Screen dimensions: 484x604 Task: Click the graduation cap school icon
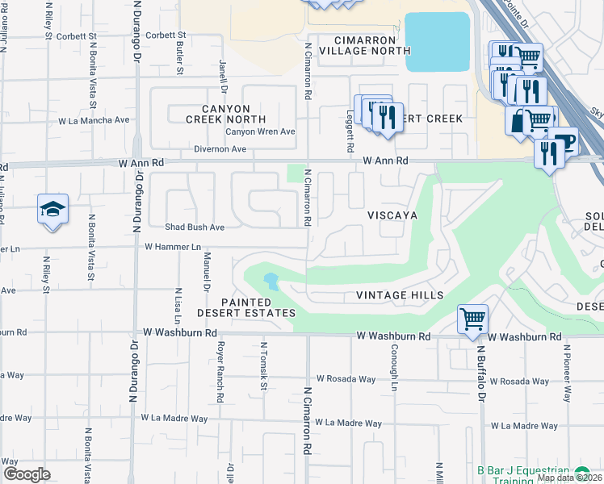pyautogui.click(x=53, y=211)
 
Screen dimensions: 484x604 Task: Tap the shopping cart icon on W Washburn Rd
pyautogui.click(x=472, y=318)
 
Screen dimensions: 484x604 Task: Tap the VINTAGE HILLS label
pyautogui.click(x=400, y=295)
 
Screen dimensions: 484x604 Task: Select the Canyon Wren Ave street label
pyautogui.click(x=260, y=131)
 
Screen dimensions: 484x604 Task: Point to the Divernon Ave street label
pyautogui.click(x=220, y=149)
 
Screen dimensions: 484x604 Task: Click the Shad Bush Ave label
pyautogui.click(x=195, y=227)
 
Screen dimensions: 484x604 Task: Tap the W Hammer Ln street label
pyautogui.click(x=173, y=247)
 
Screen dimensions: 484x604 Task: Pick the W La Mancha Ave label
pyautogui.click(x=94, y=120)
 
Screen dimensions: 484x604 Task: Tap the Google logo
pyautogui.click(x=27, y=474)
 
